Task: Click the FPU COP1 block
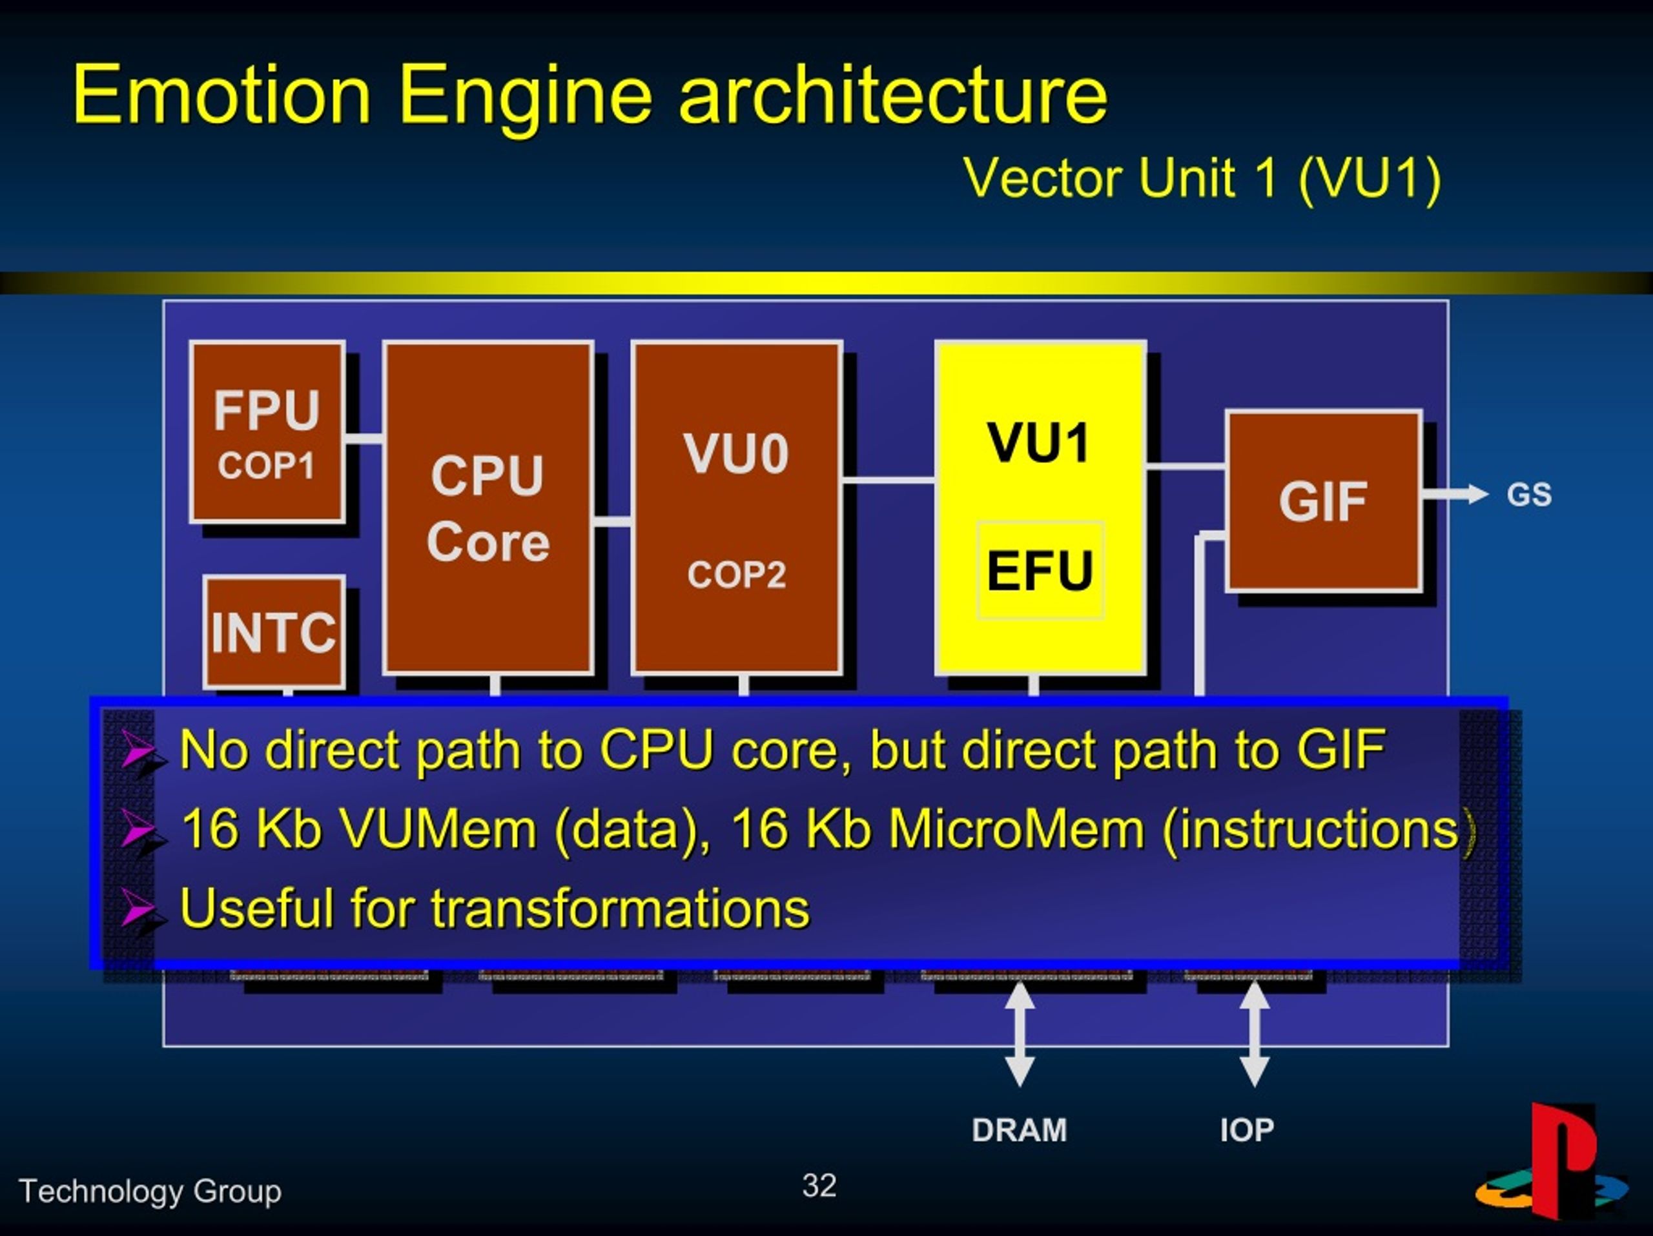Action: click(x=267, y=432)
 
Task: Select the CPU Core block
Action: click(x=488, y=508)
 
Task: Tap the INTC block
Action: click(x=274, y=632)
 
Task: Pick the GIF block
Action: click(x=1322, y=500)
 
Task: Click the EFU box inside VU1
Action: click(x=1040, y=570)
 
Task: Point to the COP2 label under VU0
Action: click(x=737, y=575)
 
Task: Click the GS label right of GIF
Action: click(x=1529, y=495)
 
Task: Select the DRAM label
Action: click(x=1020, y=1130)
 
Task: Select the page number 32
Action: click(x=819, y=1185)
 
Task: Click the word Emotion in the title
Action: click(x=221, y=95)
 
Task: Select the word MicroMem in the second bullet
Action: click(x=1016, y=829)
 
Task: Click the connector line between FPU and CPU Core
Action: click(x=364, y=438)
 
